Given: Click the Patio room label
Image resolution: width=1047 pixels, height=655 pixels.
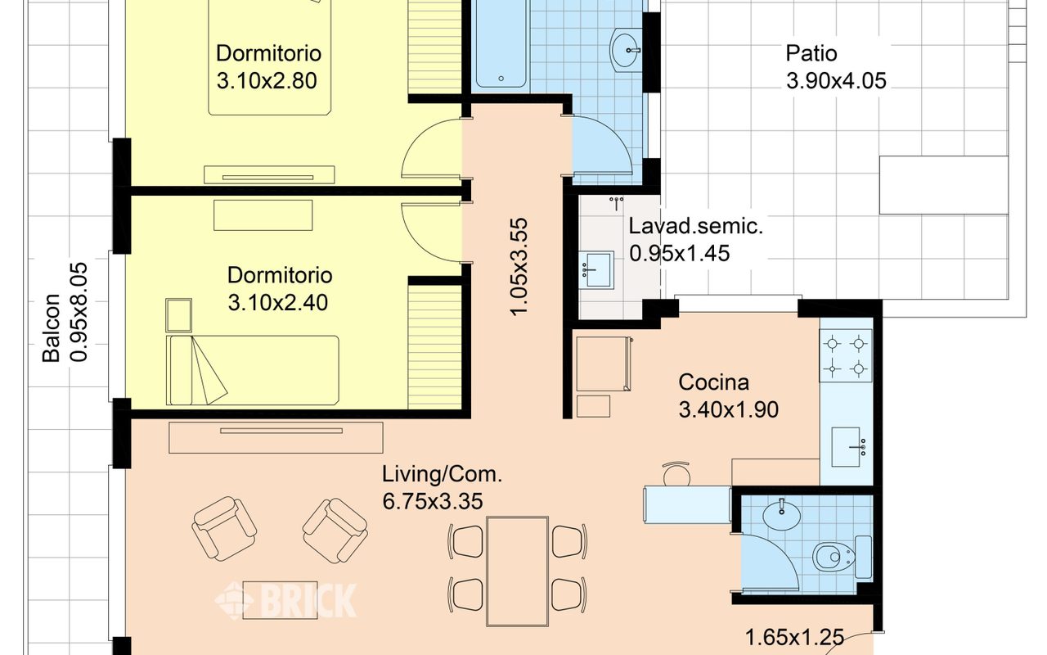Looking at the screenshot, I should pyautogui.click(x=811, y=54).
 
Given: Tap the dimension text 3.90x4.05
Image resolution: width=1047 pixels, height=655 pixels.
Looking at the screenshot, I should pyautogui.click(x=836, y=81).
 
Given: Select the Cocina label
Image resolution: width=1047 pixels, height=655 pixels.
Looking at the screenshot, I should pyautogui.click(x=713, y=382).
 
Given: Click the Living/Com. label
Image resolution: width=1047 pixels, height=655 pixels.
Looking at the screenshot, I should pyautogui.click(x=442, y=474).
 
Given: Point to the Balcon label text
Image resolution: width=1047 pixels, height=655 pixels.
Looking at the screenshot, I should pyautogui.click(x=52, y=327).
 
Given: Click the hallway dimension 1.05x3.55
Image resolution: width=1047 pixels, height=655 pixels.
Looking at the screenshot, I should pyautogui.click(x=519, y=266).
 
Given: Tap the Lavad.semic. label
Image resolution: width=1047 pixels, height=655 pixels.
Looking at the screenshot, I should pyautogui.click(x=695, y=228).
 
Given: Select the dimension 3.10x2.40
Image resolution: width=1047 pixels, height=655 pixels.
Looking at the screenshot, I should pyautogui.click(x=277, y=303).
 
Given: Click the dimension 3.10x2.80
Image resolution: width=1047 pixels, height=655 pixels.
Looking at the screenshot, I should pyautogui.click(x=266, y=81).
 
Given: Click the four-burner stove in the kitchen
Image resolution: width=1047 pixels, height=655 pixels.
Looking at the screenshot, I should pyautogui.click(x=846, y=355).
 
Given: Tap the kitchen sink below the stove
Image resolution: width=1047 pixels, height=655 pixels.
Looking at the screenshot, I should pyautogui.click(x=846, y=447).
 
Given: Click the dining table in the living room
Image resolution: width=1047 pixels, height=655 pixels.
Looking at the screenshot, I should pyautogui.click(x=517, y=570).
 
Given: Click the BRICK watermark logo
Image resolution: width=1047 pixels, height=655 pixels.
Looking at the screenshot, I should pyautogui.click(x=286, y=600).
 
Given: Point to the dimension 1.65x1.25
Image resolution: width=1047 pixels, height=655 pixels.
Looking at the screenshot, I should pyautogui.click(x=794, y=637).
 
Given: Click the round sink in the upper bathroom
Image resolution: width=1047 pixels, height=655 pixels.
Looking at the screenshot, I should pyautogui.click(x=627, y=48).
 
